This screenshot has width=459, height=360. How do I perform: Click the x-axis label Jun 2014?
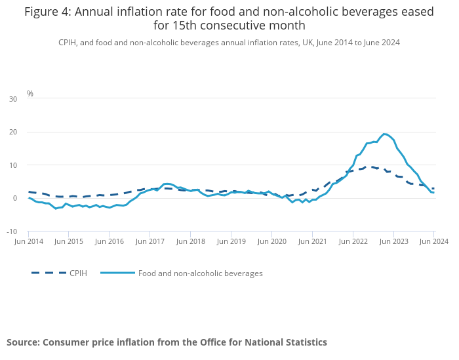pyautogui.click(x=28, y=242)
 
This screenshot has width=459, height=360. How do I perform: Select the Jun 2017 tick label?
pyautogui.click(x=150, y=242)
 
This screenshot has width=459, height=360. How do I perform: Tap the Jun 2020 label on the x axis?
pyautogui.click(x=271, y=242)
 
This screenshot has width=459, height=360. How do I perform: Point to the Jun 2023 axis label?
pyautogui.click(x=393, y=242)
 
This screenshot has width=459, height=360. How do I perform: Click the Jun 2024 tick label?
pyautogui.click(x=433, y=242)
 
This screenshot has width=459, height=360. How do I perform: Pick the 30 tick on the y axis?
pyautogui.click(x=13, y=99)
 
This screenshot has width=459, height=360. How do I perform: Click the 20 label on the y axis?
pyautogui.click(x=13, y=132)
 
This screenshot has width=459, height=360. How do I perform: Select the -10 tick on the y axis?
pyautogui.click(x=12, y=231)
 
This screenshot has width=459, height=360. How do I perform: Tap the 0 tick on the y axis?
pyautogui.click(x=15, y=199)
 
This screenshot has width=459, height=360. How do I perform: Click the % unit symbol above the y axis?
pyautogui.click(x=30, y=94)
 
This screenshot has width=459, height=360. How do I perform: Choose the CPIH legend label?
pyautogui.click(x=78, y=273)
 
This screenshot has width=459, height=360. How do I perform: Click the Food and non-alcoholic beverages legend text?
pyautogui.click(x=200, y=273)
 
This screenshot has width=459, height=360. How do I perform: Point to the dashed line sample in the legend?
pyautogui.click(x=49, y=273)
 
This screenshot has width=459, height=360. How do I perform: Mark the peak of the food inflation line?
pyautogui.click(x=384, y=134)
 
